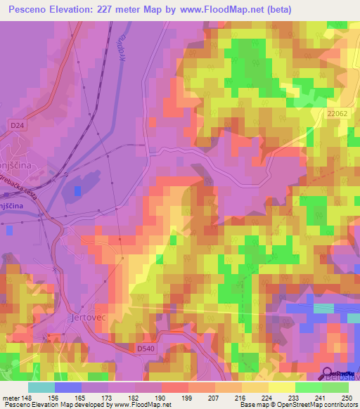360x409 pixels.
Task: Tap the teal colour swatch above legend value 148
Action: pyautogui.click(x=41, y=387)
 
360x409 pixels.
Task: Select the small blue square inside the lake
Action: pyautogui.click(x=77, y=190)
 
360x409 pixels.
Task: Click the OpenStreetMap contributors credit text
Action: pyautogui.click(x=317, y=405)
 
